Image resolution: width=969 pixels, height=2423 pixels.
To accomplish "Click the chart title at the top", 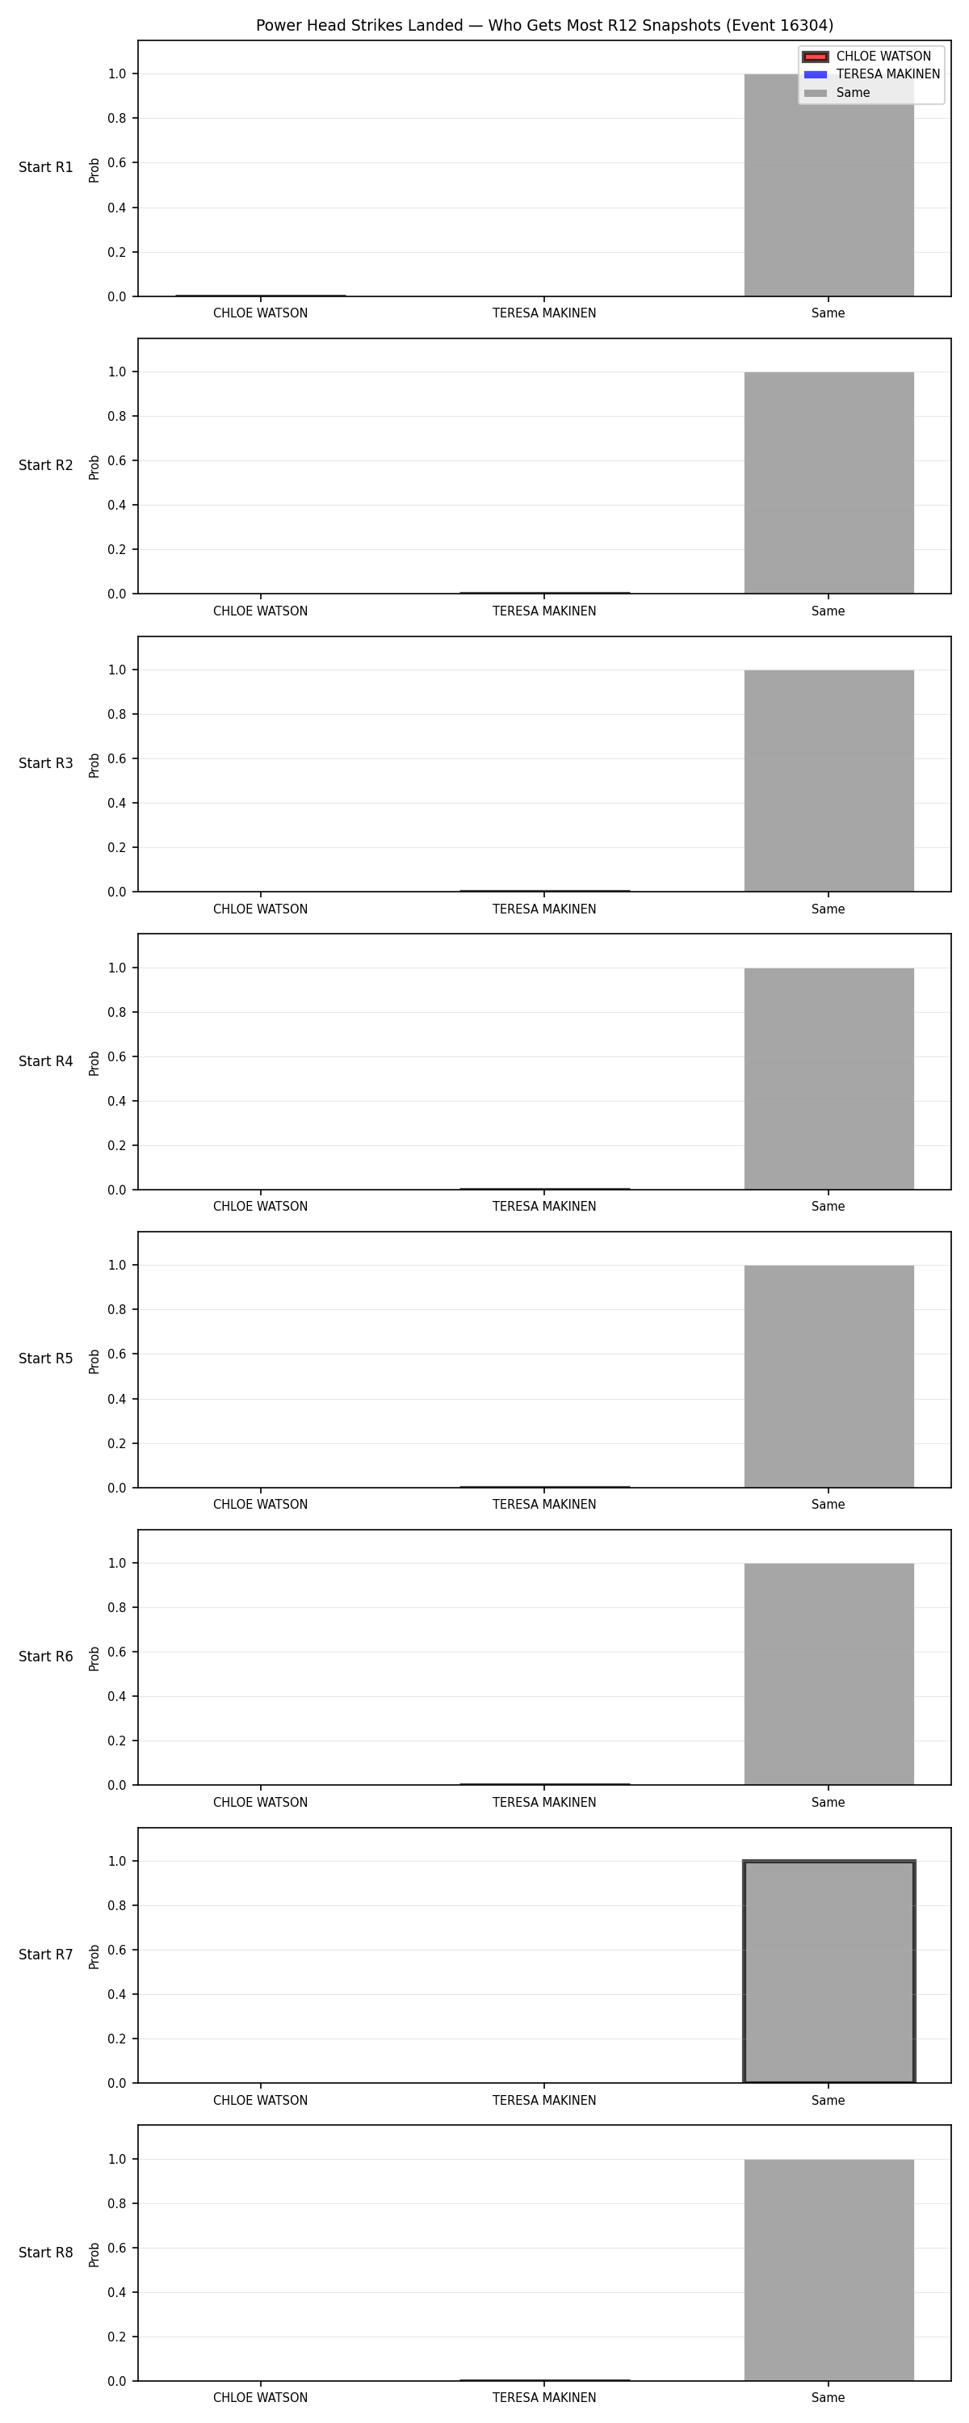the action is [x=545, y=25].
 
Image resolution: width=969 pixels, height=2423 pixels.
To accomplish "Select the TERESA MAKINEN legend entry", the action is [x=871, y=74].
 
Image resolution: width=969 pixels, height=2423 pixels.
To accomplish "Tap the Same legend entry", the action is [x=837, y=93].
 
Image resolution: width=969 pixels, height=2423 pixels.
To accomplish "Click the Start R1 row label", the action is [x=46, y=167].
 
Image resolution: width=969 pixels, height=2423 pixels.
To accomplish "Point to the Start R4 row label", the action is [x=46, y=1061].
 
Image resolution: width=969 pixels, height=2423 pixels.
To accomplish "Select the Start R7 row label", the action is [x=46, y=1955].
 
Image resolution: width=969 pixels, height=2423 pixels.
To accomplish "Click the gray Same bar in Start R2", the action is [x=828, y=482].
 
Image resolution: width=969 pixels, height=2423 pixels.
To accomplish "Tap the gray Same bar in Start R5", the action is [x=828, y=1376].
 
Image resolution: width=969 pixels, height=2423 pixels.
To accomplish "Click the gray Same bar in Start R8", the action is [x=828, y=2270].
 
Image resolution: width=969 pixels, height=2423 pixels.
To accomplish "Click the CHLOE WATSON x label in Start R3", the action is [x=261, y=909].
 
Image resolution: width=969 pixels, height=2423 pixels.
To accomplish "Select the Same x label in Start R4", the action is [x=828, y=1207].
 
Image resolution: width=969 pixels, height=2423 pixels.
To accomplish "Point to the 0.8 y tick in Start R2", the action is [x=116, y=417].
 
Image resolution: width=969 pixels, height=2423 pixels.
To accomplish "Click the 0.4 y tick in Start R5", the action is [x=116, y=1400].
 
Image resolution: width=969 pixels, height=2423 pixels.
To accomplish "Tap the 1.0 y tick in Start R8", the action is [x=116, y=2160].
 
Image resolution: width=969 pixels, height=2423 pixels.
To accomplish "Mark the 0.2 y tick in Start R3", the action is [x=116, y=847].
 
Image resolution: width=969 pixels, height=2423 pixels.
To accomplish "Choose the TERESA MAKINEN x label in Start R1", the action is [x=545, y=314].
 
